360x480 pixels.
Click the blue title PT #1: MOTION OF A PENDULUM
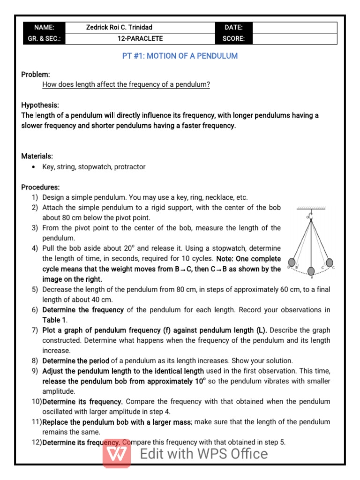tap(180, 56)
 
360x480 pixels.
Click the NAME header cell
tap(44, 28)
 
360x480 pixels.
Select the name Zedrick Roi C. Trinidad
tap(119, 28)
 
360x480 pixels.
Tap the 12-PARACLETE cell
tap(140, 39)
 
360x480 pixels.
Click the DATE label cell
tap(233, 28)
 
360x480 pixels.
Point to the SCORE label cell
tap(233, 39)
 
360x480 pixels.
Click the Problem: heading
tap(36, 75)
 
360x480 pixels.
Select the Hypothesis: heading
tap(40, 105)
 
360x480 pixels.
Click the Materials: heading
tap(37, 156)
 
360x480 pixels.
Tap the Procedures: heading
tap(40, 187)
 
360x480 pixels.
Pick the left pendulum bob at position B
tap(292, 262)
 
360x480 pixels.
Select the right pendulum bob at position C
tap(330, 262)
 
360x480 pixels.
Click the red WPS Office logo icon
tap(116, 454)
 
